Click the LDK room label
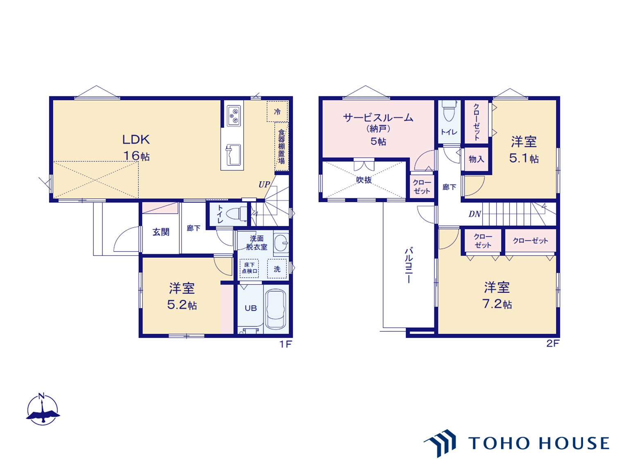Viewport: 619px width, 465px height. [x=136, y=140]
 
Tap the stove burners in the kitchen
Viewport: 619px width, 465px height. [x=234, y=115]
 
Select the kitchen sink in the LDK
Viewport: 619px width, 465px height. [x=233, y=155]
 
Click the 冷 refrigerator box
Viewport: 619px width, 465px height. [x=277, y=112]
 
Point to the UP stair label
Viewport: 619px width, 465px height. [x=264, y=185]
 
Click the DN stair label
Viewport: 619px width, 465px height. [x=474, y=214]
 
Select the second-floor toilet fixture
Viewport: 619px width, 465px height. [x=449, y=112]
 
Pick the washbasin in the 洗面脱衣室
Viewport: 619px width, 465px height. [x=281, y=244]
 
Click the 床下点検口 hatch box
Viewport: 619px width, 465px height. [x=249, y=268]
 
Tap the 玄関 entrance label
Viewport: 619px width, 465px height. [x=161, y=232]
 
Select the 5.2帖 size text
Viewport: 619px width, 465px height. [x=182, y=305]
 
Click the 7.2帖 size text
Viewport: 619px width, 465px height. [x=497, y=304]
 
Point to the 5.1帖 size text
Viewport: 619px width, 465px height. [x=524, y=158]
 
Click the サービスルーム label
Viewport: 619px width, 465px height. [x=378, y=118]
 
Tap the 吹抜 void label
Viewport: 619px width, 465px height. [x=364, y=180]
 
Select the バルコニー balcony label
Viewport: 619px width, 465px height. [x=409, y=265]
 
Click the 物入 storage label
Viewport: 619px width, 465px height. [x=476, y=160]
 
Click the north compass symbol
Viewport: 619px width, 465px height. [x=43, y=410]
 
